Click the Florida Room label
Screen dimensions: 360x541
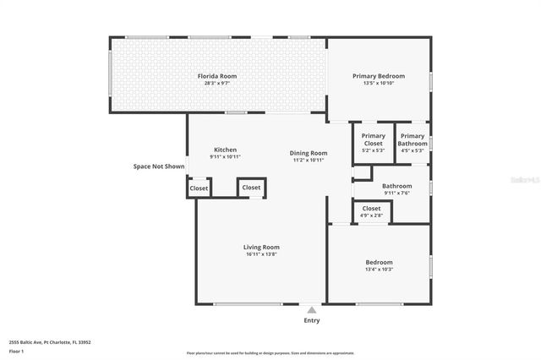pyautogui.click(x=217, y=76)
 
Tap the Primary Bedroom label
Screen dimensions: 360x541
pyautogui.click(x=378, y=76)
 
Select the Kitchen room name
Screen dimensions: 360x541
pyautogui.click(x=225, y=150)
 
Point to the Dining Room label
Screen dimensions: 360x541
pyautogui.click(x=309, y=150)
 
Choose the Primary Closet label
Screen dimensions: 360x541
pyautogui.click(x=373, y=139)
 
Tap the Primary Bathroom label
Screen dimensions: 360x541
pyautogui.click(x=413, y=139)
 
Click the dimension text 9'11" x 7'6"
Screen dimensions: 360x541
pyautogui.click(x=396, y=193)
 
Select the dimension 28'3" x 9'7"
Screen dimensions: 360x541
pyautogui.click(x=217, y=84)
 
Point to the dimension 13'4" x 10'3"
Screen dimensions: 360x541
pyautogui.click(x=379, y=270)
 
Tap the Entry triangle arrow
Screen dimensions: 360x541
pyautogui.click(x=312, y=310)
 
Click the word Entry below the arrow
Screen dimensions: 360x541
pyautogui.click(x=312, y=320)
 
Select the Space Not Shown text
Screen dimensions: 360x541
pyautogui.click(x=158, y=166)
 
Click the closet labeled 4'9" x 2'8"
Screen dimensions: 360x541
pyautogui.click(x=371, y=211)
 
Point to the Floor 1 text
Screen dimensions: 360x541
pyautogui.click(x=17, y=351)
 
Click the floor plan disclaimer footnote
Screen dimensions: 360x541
pyautogui.click(x=270, y=353)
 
